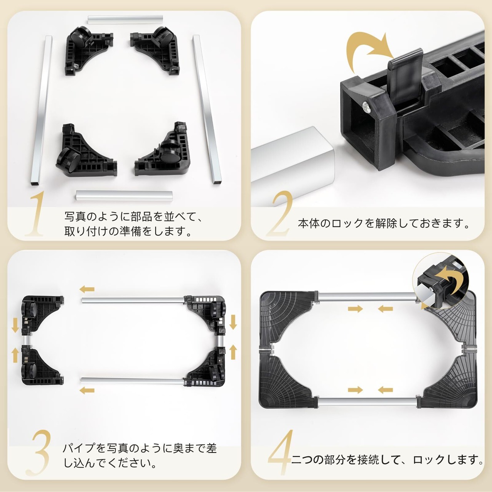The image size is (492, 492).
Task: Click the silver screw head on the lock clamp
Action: tap(366, 106)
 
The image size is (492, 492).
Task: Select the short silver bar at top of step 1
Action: tap(125, 20)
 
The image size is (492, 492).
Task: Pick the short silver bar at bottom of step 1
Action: tap(124, 196)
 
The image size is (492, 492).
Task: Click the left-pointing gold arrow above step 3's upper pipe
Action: tap(87, 289)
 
